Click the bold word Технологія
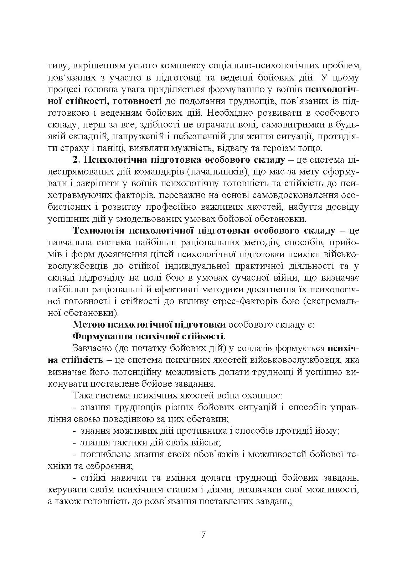pos(98,230)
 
